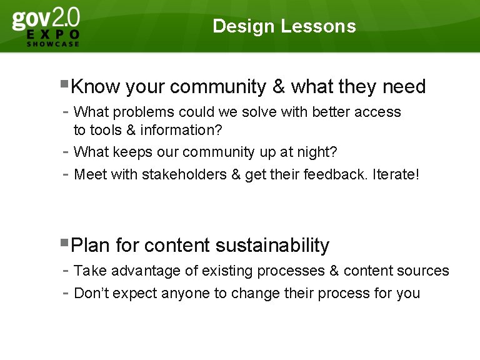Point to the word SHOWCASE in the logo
click(53, 44)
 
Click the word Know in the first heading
click(97, 86)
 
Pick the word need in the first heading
click(404, 86)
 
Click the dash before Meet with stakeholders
click(66, 174)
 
